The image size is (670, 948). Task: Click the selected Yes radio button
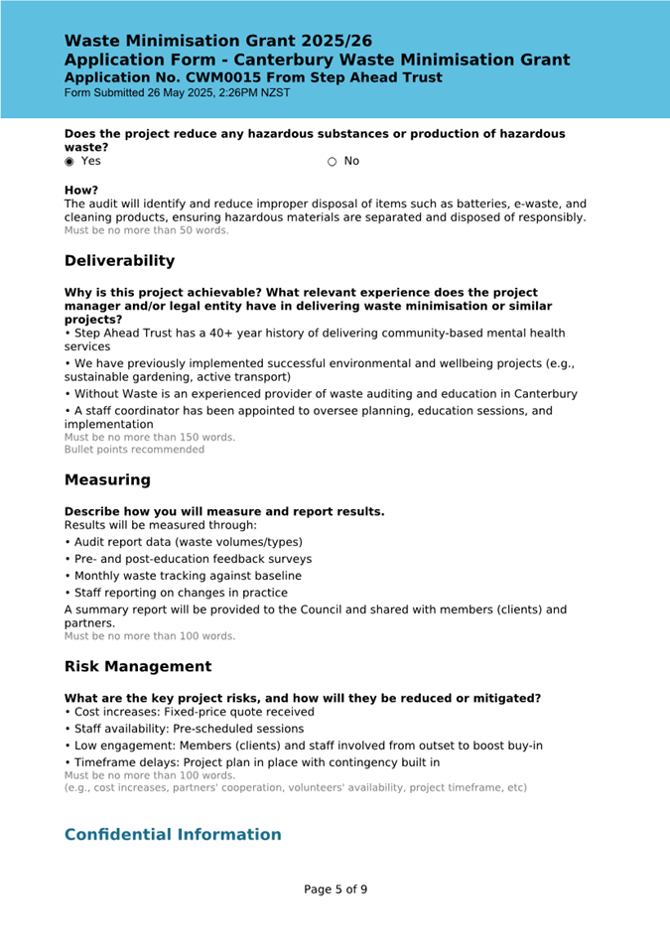[69, 162]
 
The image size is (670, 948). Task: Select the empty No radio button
[333, 162]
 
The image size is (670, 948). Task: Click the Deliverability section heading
[119, 261]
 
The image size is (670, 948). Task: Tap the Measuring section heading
[107, 480]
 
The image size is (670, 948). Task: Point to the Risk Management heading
[138, 667]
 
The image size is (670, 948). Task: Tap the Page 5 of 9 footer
[335, 889]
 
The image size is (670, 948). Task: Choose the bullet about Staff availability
[184, 729]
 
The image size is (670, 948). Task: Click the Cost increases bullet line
[189, 712]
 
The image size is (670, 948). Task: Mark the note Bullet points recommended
[134, 450]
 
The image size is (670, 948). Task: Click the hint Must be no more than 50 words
[146, 230]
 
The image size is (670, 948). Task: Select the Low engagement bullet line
[303, 745]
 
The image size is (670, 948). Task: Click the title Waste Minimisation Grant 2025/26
[218, 41]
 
